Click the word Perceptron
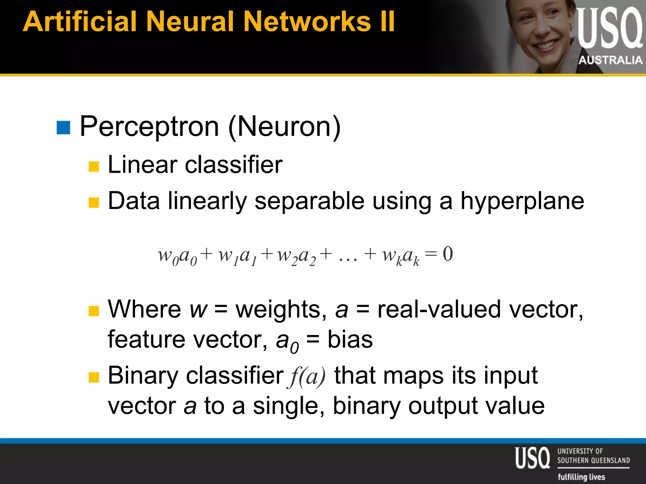point(149,127)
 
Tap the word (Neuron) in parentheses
point(284,127)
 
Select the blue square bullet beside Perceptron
point(63,128)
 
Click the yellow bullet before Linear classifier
point(94,166)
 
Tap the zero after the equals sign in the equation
point(448,254)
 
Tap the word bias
point(350,340)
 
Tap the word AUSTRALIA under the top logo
point(610,60)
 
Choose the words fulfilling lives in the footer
point(581,477)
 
